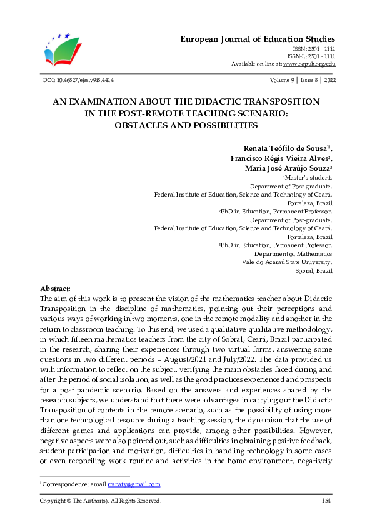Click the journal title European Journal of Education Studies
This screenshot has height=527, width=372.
click(x=258, y=39)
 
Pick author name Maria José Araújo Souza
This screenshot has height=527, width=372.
click(x=283, y=169)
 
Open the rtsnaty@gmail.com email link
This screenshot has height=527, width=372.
click(x=134, y=484)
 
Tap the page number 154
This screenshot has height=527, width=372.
click(x=326, y=501)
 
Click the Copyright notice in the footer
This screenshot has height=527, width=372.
click(x=101, y=501)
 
